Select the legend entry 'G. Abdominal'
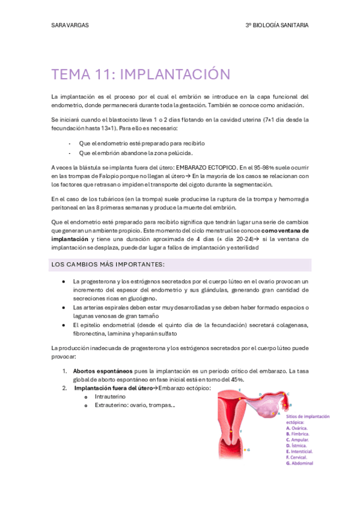(301, 463)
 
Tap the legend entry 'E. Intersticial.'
(303, 451)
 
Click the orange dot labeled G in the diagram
(245, 449)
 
